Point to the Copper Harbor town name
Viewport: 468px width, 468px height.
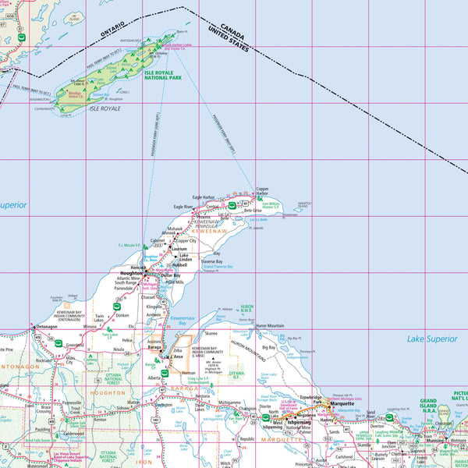click(262, 191)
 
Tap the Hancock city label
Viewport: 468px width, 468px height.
click(138, 267)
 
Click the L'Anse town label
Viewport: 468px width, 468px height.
click(171, 356)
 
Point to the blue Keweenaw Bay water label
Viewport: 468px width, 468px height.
click(183, 320)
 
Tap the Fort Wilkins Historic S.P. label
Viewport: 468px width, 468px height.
click(270, 206)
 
